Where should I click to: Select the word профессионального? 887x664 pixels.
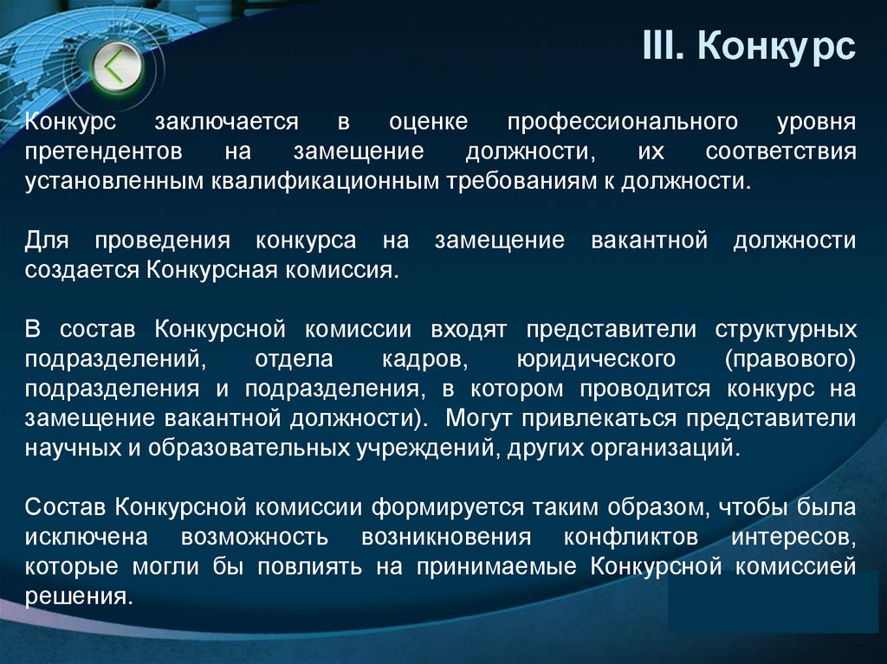[622, 121]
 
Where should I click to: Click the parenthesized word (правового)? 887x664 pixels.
[791, 359]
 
